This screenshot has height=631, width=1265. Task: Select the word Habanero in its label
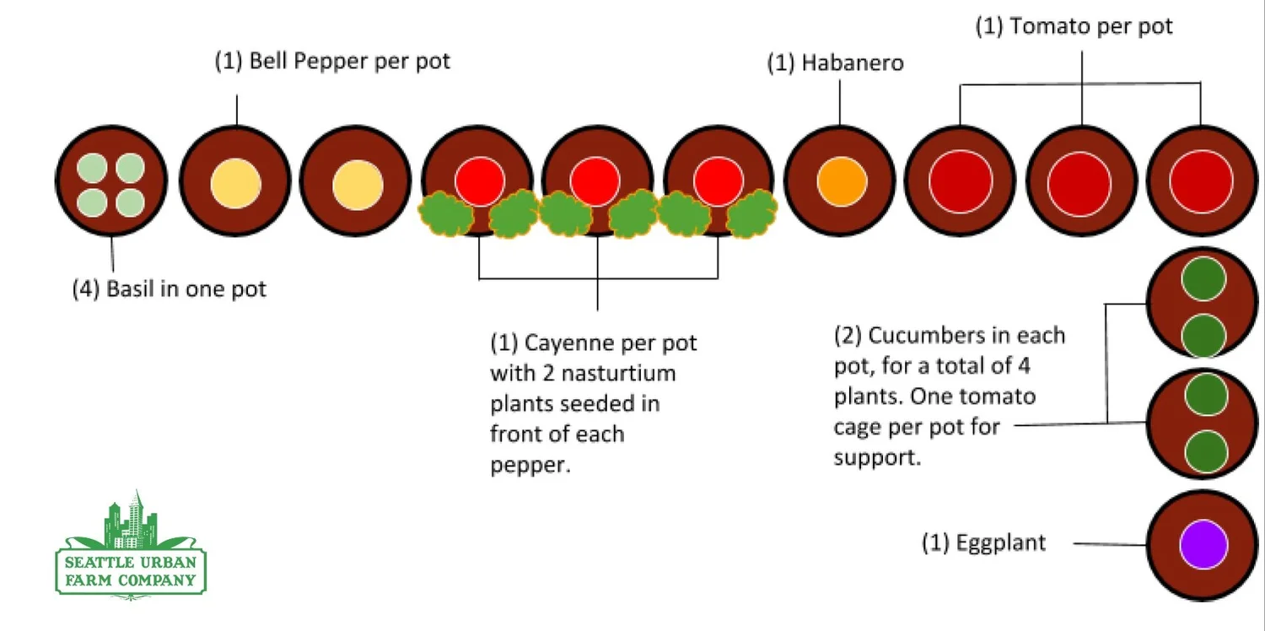pos(853,63)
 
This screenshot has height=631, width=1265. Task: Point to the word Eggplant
pos(1001,542)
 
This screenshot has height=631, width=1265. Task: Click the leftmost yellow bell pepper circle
pos(235,183)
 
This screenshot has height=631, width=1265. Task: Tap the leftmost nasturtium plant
pos(446,213)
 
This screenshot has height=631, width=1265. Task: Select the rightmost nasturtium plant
pos(751,213)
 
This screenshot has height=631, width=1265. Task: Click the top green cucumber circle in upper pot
pos(1203,279)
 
